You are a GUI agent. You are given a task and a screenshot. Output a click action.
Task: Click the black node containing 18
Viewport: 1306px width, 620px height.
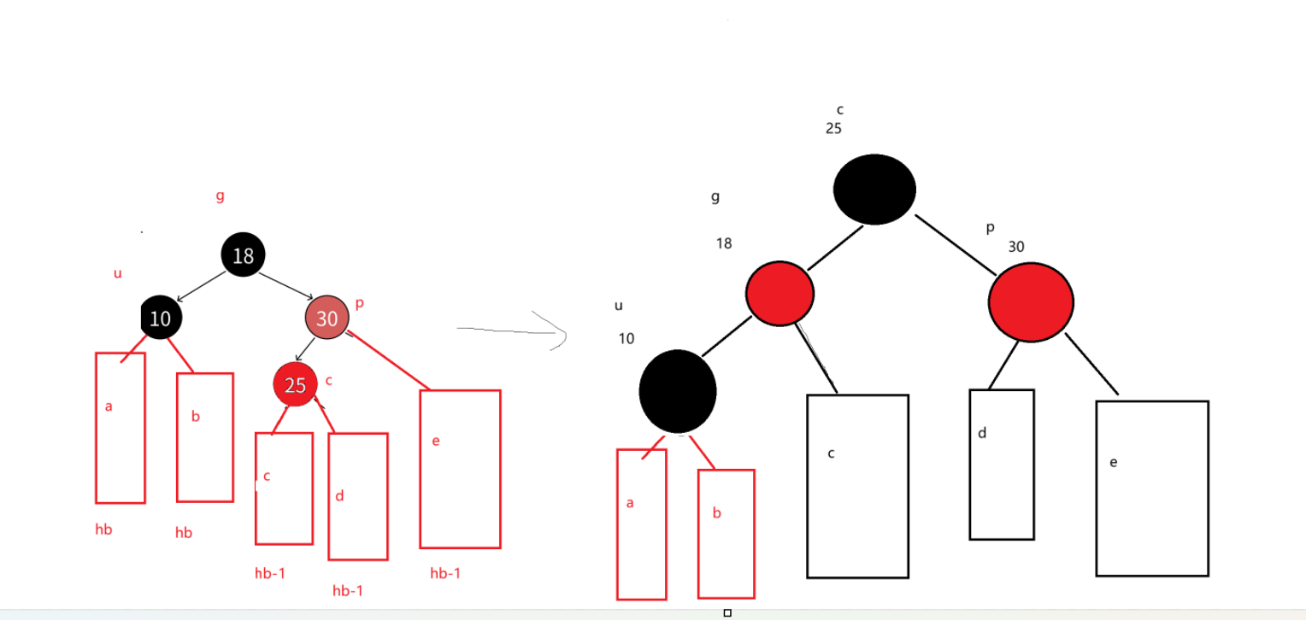[243, 254]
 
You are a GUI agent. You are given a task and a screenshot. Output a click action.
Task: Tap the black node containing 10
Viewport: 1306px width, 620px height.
[161, 318]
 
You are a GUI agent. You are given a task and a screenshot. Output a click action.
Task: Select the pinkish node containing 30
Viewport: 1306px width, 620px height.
[326, 318]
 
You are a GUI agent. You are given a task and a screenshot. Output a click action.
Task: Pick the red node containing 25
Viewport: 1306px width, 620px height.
[295, 384]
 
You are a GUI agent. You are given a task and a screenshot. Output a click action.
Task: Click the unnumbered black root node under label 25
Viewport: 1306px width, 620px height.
[874, 190]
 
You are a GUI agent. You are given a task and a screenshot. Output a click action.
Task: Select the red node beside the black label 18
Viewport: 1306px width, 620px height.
[779, 294]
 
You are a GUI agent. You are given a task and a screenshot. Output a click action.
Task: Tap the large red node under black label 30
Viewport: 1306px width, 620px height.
[1030, 301]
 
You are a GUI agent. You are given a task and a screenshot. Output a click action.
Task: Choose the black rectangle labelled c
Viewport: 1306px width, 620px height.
[857, 486]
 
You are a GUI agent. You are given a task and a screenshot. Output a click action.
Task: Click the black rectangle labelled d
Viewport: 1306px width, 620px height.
[1001, 465]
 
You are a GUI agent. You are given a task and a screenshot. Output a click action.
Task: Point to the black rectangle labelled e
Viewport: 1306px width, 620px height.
[1151, 488]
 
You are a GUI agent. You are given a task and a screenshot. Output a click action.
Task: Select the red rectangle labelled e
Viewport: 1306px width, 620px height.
[460, 469]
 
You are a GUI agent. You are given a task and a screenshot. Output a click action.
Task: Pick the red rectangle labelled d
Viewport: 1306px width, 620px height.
[357, 496]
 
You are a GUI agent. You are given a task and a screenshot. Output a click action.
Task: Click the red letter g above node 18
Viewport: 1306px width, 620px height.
[220, 196]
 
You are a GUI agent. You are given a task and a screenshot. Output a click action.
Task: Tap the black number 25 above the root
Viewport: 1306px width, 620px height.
[833, 129]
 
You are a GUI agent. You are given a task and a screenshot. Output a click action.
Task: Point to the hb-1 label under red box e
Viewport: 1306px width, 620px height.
[445, 573]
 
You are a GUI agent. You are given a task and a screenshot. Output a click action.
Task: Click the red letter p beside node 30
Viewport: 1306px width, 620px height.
[359, 303]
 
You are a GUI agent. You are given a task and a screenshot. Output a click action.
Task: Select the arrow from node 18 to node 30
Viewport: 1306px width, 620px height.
[285, 286]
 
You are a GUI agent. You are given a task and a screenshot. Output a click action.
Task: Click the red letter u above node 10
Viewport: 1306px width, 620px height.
[118, 273]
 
